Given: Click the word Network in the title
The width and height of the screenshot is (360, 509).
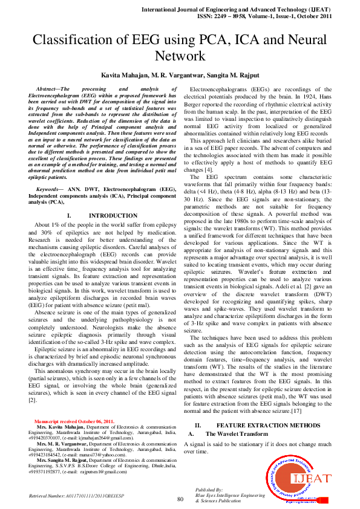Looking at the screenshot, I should [x=180, y=56].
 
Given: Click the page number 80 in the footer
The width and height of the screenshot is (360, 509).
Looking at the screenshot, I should [x=180, y=498].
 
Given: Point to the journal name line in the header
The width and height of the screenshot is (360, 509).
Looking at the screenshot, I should [x=254, y=10].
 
